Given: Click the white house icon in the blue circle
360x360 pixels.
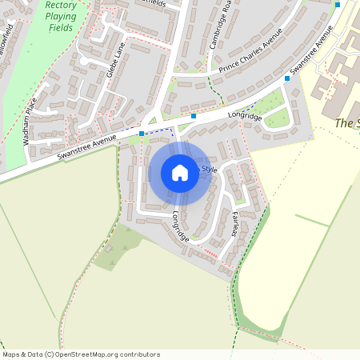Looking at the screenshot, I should [180, 173].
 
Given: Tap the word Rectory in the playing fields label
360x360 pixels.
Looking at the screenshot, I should [61, 5].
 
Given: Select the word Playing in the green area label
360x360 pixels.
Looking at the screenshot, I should [61, 16].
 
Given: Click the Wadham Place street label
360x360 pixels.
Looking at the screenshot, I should [30, 121].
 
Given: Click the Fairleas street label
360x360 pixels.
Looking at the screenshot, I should [235, 222].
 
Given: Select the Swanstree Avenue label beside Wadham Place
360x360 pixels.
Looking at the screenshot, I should [86, 146].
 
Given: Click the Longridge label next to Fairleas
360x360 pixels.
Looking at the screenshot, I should [181, 226].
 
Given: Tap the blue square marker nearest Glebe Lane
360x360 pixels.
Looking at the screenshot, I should [142, 134].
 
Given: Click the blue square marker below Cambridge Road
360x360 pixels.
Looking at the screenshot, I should [194, 116].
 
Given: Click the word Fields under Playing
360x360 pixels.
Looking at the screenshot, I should [61, 28].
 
